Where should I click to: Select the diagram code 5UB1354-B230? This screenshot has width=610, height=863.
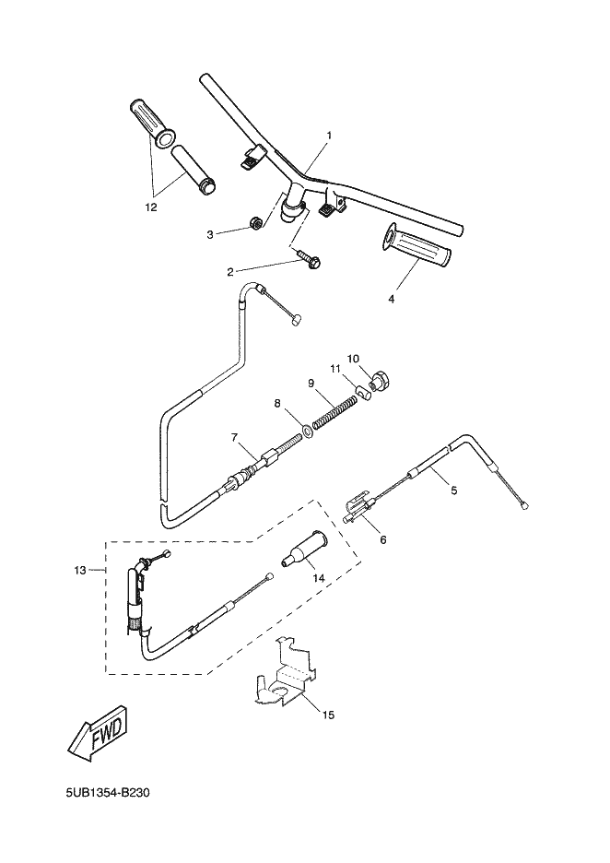[108, 793]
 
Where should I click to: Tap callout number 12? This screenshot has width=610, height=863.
[151, 207]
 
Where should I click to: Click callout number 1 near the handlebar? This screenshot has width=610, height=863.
[329, 135]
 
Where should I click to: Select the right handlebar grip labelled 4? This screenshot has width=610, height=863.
[417, 247]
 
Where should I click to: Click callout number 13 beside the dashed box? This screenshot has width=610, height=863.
[80, 571]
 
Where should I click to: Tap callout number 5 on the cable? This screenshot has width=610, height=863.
[453, 490]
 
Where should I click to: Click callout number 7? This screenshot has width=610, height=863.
[234, 438]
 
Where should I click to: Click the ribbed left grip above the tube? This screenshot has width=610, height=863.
[152, 124]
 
